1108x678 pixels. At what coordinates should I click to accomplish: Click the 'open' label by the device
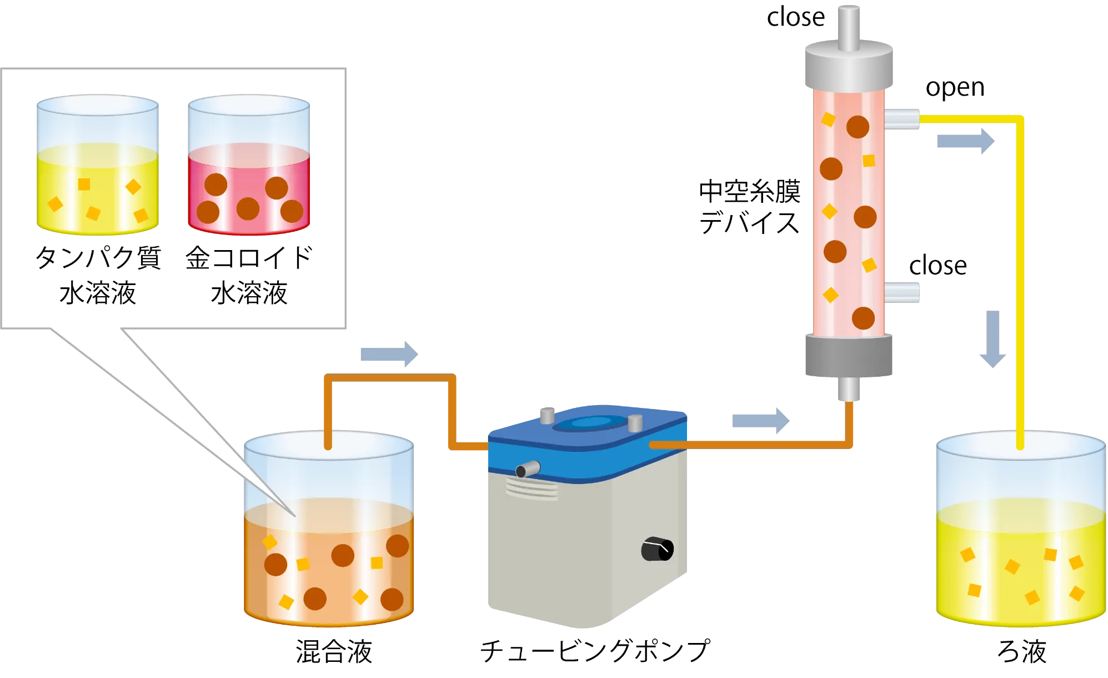click(x=955, y=88)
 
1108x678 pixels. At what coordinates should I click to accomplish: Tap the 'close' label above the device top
click(x=795, y=17)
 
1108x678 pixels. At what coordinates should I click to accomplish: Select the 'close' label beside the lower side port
click(x=937, y=266)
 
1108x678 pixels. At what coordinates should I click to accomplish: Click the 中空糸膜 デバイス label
click(x=749, y=207)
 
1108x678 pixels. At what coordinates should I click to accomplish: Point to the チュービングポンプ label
click(x=595, y=650)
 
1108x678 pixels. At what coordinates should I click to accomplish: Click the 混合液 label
click(x=334, y=651)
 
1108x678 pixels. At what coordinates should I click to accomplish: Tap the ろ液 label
click(x=1022, y=651)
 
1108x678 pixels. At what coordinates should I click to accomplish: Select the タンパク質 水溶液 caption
click(x=98, y=275)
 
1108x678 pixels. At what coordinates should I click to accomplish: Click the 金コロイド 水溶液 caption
click(x=249, y=275)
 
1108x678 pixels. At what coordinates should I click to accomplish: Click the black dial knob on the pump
click(x=657, y=549)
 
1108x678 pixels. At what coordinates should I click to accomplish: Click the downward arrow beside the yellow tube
click(x=992, y=339)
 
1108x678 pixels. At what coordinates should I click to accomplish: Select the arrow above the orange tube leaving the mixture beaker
click(x=389, y=354)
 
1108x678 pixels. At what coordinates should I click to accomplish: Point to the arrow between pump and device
click(x=761, y=421)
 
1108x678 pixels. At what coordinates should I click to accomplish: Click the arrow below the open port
click(x=966, y=141)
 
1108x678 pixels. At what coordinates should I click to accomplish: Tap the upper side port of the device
click(x=902, y=119)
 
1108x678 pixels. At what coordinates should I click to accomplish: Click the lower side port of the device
click(x=902, y=292)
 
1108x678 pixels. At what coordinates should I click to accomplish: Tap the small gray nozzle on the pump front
click(x=528, y=469)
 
